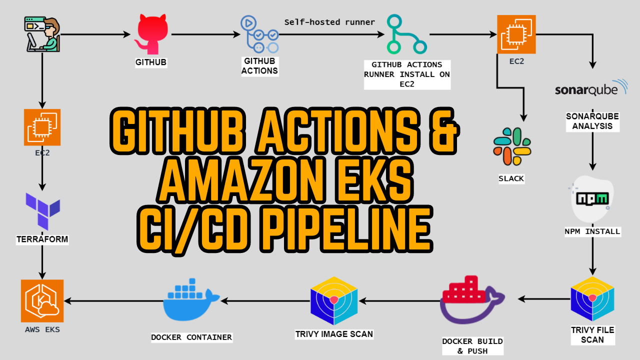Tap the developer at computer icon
coord(42,34)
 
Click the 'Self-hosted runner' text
coord(329,22)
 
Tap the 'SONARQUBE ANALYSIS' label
coord(592,121)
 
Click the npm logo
coord(592,199)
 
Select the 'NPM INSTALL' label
coord(592,231)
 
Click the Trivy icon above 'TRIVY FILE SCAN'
coord(592,298)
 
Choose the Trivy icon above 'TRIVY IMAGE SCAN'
coord(333,298)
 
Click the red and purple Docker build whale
coord(471,300)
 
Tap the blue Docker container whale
coord(190,300)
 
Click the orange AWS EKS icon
coord(42,300)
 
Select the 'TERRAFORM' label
coord(42,239)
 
